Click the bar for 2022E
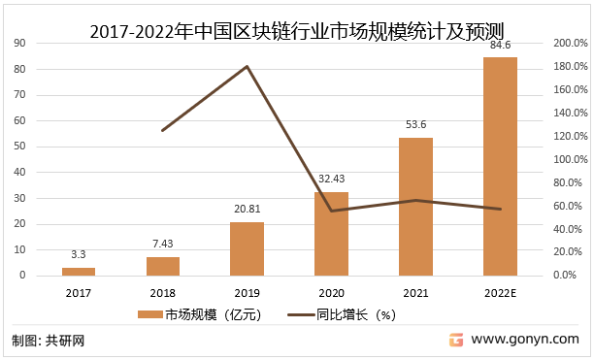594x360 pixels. pyautogui.click(x=500, y=166)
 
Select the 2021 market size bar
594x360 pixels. pyautogui.click(x=415, y=207)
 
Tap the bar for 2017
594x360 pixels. pyautogui.click(x=85, y=271)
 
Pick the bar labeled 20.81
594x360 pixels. pyautogui.click(x=247, y=248)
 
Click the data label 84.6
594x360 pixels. pyautogui.click(x=501, y=45)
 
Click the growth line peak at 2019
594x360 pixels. pyautogui.click(x=247, y=66)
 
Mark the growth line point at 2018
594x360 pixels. pyautogui.click(x=163, y=130)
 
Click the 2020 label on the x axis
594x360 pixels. pyautogui.click(x=331, y=291)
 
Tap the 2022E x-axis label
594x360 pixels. pyautogui.click(x=501, y=291)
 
